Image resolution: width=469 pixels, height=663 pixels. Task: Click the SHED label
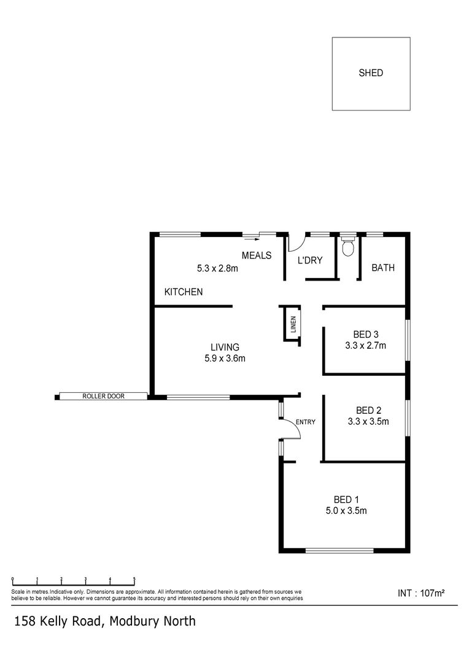click(x=371, y=73)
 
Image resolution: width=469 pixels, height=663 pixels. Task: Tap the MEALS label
click(x=257, y=255)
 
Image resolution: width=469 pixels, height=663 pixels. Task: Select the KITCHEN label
click(x=184, y=292)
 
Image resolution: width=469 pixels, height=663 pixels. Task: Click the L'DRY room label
click(x=310, y=260)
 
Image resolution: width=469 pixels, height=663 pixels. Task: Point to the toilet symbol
click(x=348, y=247)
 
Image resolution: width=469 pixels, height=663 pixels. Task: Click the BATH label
click(x=383, y=268)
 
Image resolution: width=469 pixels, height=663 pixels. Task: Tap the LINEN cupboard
click(x=293, y=324)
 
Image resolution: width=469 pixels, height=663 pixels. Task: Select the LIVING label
click(x=225, y=347)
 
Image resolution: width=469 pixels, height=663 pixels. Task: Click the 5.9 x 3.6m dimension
click(x=225, y=359)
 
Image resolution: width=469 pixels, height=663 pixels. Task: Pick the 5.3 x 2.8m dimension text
click(x=217, y=268)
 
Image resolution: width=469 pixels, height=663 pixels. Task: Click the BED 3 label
click(x=365, y=335)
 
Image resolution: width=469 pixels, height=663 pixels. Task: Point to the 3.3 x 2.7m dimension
click(x=365, y=346)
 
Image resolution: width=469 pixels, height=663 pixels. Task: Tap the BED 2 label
click(x=369, y=410)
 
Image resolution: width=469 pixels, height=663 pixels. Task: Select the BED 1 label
click(x=346, y=498)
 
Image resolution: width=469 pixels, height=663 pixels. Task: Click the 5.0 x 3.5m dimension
click(x=346, y=510)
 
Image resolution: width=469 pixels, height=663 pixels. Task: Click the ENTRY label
click(x=305, y=422)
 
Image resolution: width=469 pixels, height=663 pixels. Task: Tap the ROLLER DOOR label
click(x=103, y=397)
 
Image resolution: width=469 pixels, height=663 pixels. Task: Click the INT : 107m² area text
click(x=421, y=593)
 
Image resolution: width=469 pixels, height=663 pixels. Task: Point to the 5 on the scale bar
click(x=134, y=579)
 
